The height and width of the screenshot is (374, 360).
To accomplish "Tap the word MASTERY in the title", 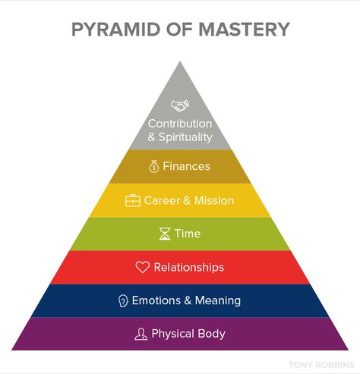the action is [244, 30].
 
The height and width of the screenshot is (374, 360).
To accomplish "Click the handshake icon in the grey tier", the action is [180, 105].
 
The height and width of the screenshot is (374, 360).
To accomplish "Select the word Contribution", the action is [180, 124].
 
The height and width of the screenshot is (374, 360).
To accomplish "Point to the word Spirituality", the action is [185, 137].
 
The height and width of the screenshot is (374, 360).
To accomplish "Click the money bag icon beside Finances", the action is [153, 166].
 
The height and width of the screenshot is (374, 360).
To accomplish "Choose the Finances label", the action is [186, 166].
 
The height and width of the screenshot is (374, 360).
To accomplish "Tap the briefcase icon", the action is [133, 200].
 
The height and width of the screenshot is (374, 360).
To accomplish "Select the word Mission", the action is [214, 200].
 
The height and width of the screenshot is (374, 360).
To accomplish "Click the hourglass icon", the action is [165, 234].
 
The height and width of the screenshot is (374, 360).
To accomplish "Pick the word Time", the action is [188, 234].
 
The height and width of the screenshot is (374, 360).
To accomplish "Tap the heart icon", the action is [143, 267].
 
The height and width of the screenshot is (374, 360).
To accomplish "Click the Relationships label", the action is [189, 268].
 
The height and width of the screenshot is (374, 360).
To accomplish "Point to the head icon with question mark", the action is [123, 301].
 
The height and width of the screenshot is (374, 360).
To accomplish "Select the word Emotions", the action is [156, 300].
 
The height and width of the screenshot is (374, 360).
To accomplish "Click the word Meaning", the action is [218, 301].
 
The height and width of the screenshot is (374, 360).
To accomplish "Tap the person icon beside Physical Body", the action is [141, 334].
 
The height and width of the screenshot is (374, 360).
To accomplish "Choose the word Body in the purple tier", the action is [212, 334].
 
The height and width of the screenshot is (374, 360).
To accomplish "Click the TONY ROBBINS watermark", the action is [321, 365].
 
